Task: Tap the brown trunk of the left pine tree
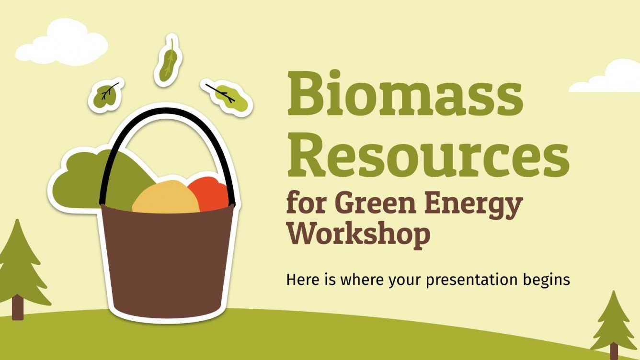click(x=17, y=307)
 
